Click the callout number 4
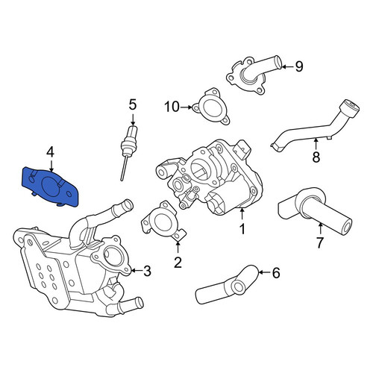pyautogui.click(x=50, y=152)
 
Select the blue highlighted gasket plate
pyautogui.click(x=50, y=186)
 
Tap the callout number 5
pyautogui.click(x=133, y=104)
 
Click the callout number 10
pyautogui.click(x=172, y=107)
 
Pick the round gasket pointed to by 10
pyautogui.click(x=211, y=107)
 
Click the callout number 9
pyautogui.click(x=299, y=66)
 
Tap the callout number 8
pyautogui.click(x=316, y=157)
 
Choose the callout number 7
pyautogui.click(x=320, y=242)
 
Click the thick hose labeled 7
pyautogui.click(x=315, y=210)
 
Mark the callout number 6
pyautogui.click(x=276, y=273)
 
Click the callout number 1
pyautogui.click(x=242, y=229)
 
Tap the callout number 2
pyautogui.click(x=178, y=262)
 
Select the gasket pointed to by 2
pyautogui.click(x=163, y=221)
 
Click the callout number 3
pyautogui.click(x=147, y=271)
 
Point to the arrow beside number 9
pyautogui.click(x=287, y=66)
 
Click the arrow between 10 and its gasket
pyautogui.click(x=186, y=107)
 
